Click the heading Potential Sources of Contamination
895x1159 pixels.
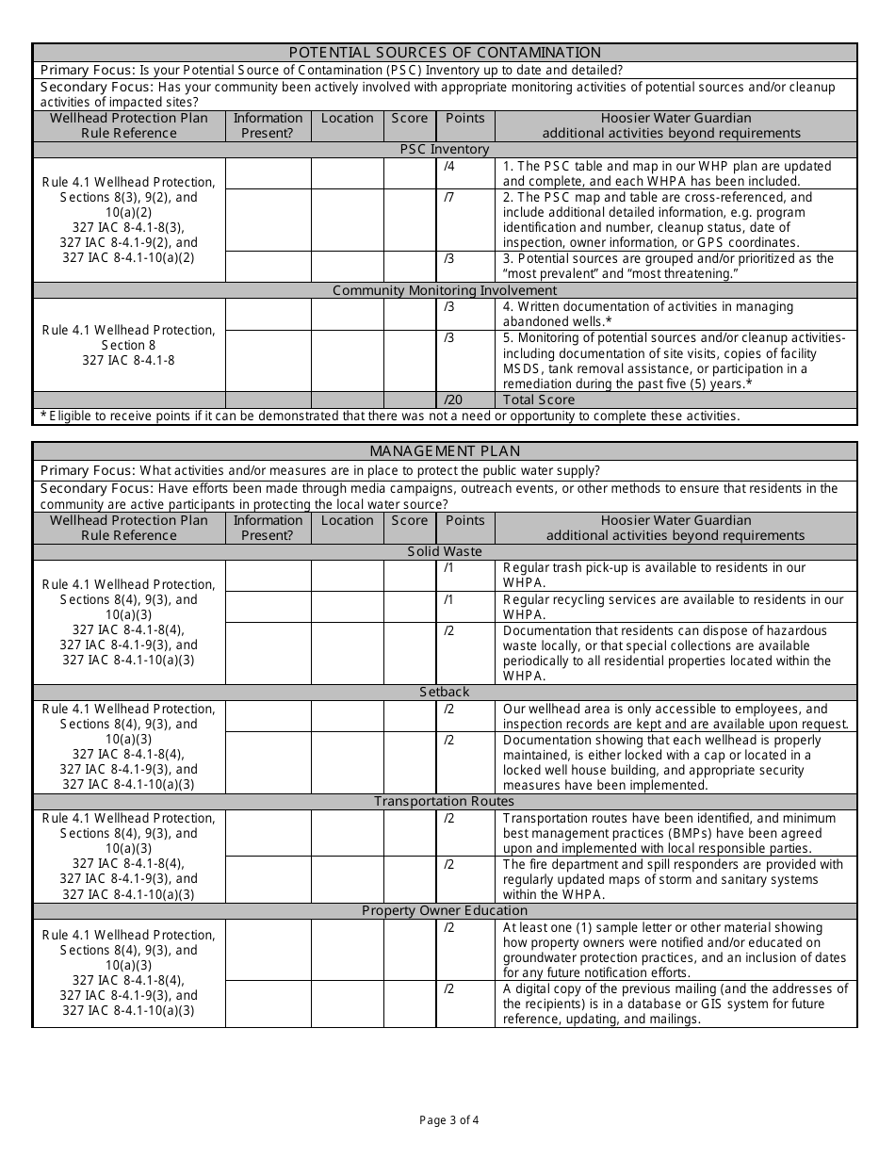point(445,53)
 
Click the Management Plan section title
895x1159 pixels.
point(445,451)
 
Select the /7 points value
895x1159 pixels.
point(448,197)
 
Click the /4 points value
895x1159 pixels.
point(448,167)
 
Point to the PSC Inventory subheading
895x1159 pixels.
point(445,149)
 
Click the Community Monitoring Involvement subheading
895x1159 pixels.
point(445,290)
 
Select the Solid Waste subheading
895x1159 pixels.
point(445,551)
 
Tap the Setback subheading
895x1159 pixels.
point(445,692)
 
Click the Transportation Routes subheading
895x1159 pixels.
point(445,801)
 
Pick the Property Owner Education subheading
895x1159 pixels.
point(445,910)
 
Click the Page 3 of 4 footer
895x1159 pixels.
point(449,1120)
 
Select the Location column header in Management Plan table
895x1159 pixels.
point(347,520)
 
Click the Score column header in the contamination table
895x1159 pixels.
point(409,118)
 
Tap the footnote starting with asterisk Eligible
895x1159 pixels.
point(390,416)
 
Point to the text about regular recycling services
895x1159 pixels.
point(673,607)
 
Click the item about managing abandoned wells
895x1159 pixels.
point(648,314)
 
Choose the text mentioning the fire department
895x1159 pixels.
point(673,879)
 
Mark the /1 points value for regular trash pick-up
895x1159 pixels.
point(448,568)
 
